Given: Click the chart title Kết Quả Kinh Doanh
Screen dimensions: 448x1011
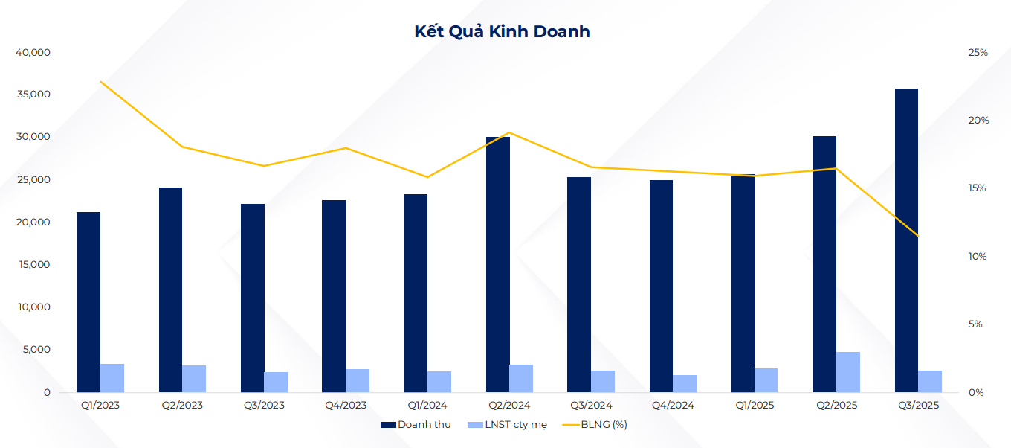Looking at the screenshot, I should pos(502,31).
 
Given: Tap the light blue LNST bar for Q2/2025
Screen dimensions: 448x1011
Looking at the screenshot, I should pos(848,372).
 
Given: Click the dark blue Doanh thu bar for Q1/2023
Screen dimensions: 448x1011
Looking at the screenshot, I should pos(88,302).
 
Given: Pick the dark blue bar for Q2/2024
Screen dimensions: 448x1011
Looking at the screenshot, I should pos(498,264).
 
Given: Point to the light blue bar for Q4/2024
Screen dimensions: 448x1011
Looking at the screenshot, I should pos(685,383).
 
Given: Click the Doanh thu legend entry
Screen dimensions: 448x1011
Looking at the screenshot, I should pos(416,425).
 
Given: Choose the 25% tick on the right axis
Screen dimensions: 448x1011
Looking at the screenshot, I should pos(978,53).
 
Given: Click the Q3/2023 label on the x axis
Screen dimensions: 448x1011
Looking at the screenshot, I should pos(264,406).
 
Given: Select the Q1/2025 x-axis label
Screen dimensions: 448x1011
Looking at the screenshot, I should pos(755,406).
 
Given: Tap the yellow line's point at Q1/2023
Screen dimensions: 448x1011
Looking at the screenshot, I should pos(100,81).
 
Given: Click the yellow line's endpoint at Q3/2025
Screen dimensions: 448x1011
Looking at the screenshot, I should pos(918,236).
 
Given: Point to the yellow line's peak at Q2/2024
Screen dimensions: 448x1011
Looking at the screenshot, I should pos(509,132).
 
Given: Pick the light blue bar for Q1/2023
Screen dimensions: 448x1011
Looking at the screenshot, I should pos(112,378).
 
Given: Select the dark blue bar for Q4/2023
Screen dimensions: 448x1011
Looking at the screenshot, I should pos(334,296).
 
